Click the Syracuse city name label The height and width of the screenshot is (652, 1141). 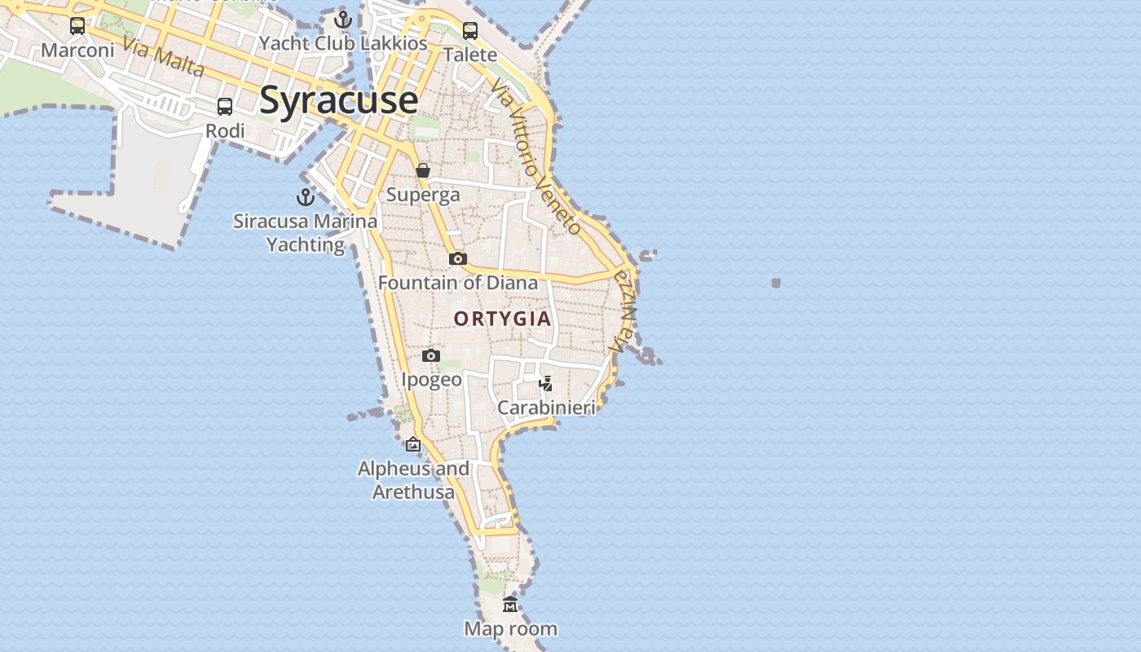tap(338, 100)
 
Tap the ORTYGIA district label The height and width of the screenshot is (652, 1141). tap(503, 319)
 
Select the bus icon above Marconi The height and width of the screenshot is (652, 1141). tap(77, 26)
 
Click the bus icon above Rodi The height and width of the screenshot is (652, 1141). tap(224, 106)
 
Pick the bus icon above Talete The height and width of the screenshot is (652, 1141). tap(470, 31)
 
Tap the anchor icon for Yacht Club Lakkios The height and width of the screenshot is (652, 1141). tap(343, 20)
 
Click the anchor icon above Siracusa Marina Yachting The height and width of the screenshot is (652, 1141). tap(305, 197)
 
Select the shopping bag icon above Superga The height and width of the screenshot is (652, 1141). tap(423, 170)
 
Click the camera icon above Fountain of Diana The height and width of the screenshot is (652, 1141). tap(458, 258)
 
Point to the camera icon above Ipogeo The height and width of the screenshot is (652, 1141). tap(431, 355)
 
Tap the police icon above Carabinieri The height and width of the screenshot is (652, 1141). tap(546, 383)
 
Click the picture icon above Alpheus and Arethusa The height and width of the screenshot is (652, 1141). tap(413, 444)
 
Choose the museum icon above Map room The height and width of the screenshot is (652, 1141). tap(510, 604)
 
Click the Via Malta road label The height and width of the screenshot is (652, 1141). tap(165, 56)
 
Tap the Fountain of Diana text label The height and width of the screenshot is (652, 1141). tap(458, 283)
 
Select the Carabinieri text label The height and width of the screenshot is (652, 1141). tap(546, 407)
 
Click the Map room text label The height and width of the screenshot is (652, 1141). tap(511, 628)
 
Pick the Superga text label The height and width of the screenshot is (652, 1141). tap(423, 195)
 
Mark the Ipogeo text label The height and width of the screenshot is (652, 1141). tap(431, 380)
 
